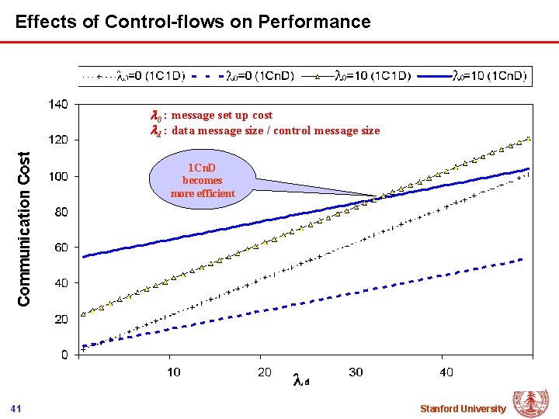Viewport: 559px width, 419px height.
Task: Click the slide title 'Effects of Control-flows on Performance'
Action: pyautogui.click(x=193, y=21)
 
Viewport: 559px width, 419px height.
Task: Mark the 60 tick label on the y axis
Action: pyautogui.click(x=60, y=248)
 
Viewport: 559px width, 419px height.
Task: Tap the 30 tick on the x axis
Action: pyautogui.click(x=356, y=372)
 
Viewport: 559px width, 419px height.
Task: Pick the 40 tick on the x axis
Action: pyautogui.click(x=446, y=372)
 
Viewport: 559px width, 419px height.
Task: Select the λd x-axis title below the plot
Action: pyautogui.click(x=302, y=380)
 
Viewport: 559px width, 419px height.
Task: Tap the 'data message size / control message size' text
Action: pyautogui.click(x=275, y=130)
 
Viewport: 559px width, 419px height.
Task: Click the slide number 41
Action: pyautogui.click(x=16, y=408)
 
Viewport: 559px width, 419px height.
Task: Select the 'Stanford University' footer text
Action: pyautogui.click(x=462, y=408)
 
